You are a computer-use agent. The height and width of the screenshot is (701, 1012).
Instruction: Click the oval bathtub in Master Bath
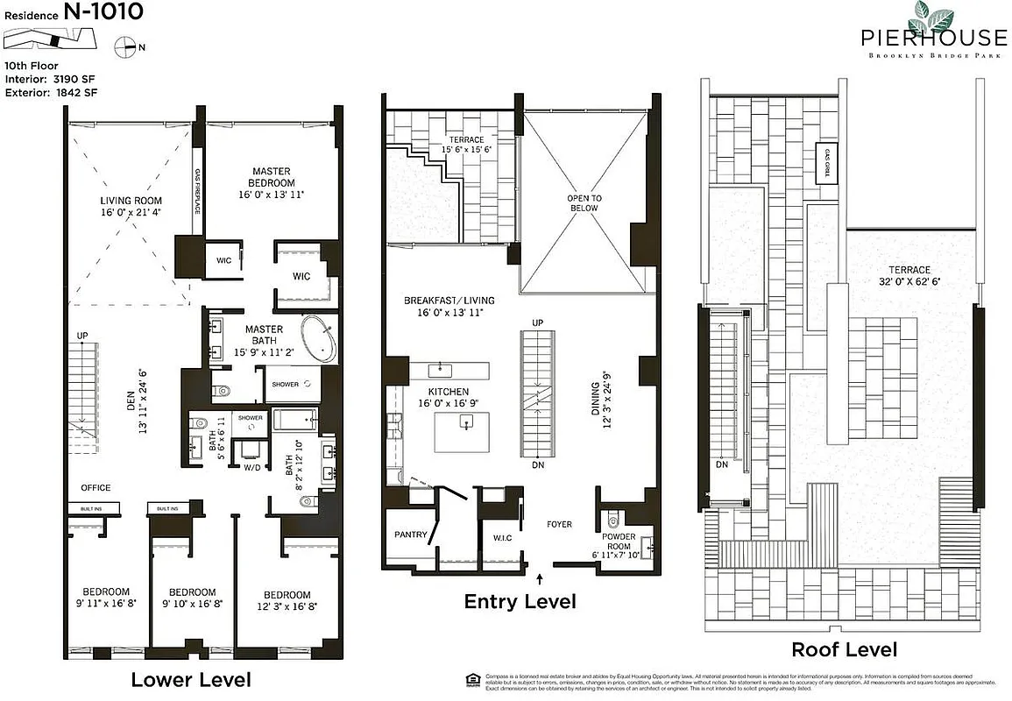point(319,340)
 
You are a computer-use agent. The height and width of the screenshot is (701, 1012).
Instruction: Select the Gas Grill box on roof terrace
point(826,163)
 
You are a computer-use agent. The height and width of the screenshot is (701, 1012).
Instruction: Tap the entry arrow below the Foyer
point(540,577)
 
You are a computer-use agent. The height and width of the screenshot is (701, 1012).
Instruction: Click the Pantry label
point(411,535)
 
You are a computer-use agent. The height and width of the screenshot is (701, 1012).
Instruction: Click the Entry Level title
point(520,602)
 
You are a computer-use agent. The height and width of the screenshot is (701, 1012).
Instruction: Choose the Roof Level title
point(844,649)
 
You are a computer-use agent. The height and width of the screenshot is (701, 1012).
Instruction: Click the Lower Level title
point(190,680)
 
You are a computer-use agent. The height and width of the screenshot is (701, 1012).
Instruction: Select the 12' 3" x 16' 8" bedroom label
point(287,600)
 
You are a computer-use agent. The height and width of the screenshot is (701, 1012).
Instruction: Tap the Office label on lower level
point(96,488)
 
